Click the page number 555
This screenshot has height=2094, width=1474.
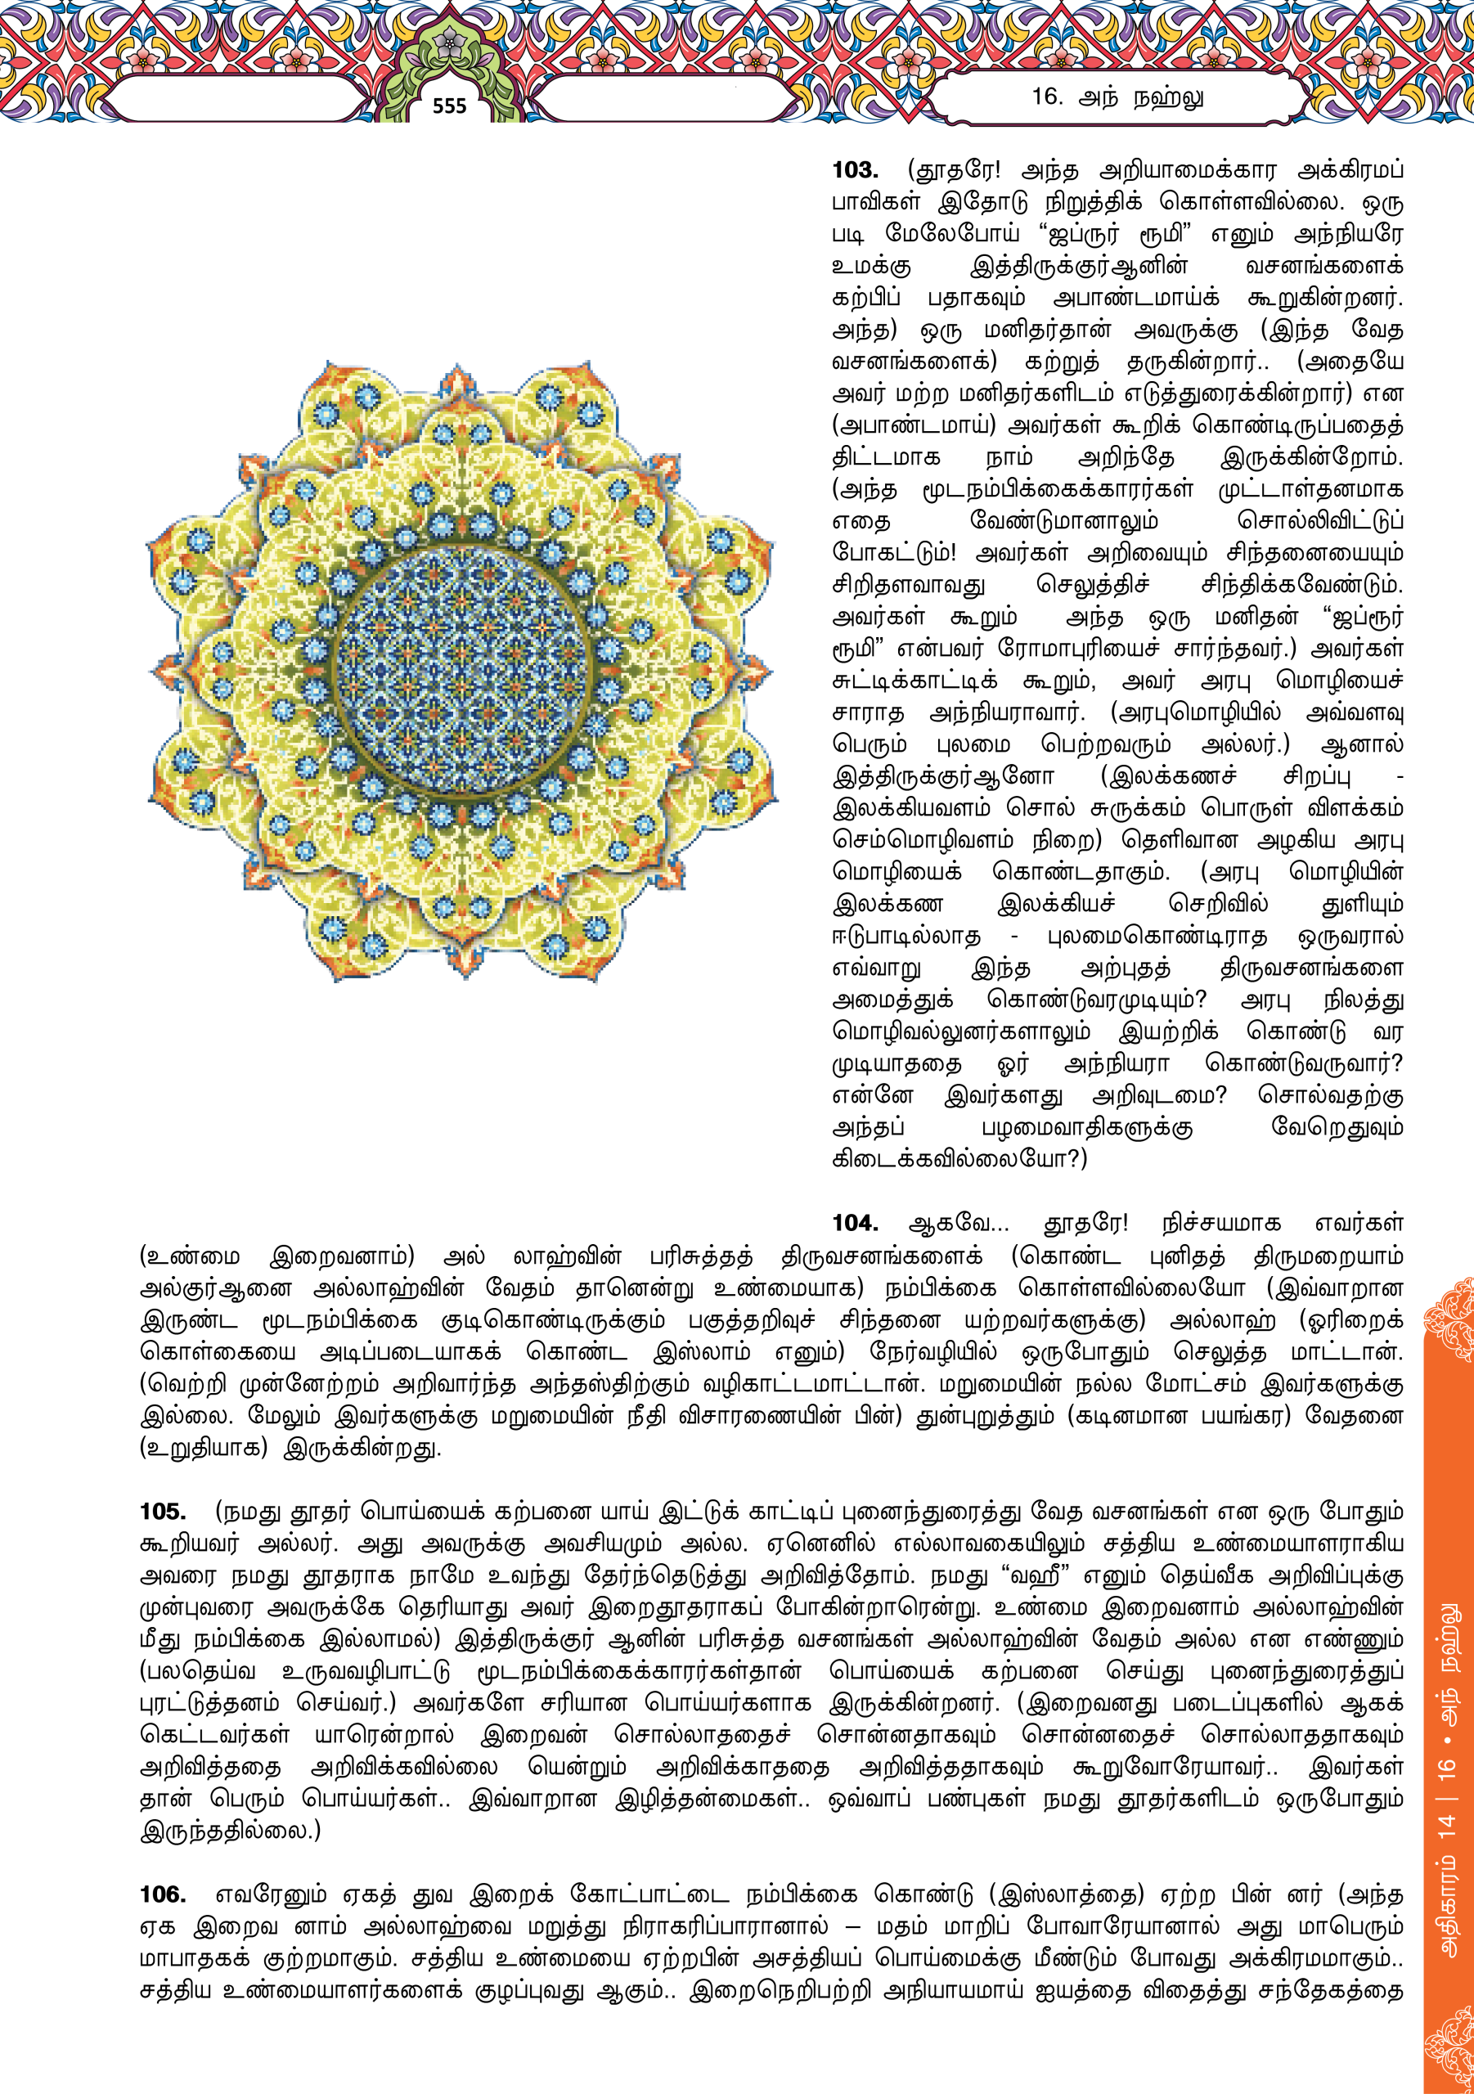[x=449, y=106]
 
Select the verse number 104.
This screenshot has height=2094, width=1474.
[x=855, y=1224]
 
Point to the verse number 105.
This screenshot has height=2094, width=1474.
[x=162, y=1512]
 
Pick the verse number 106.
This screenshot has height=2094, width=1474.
[x=162, y=1894]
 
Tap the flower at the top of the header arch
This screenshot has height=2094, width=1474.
[x=449, y=41]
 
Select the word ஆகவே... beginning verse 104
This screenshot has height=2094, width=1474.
[x=959, y=1224]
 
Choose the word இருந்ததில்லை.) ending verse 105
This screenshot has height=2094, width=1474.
[x=230, y=1831]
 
